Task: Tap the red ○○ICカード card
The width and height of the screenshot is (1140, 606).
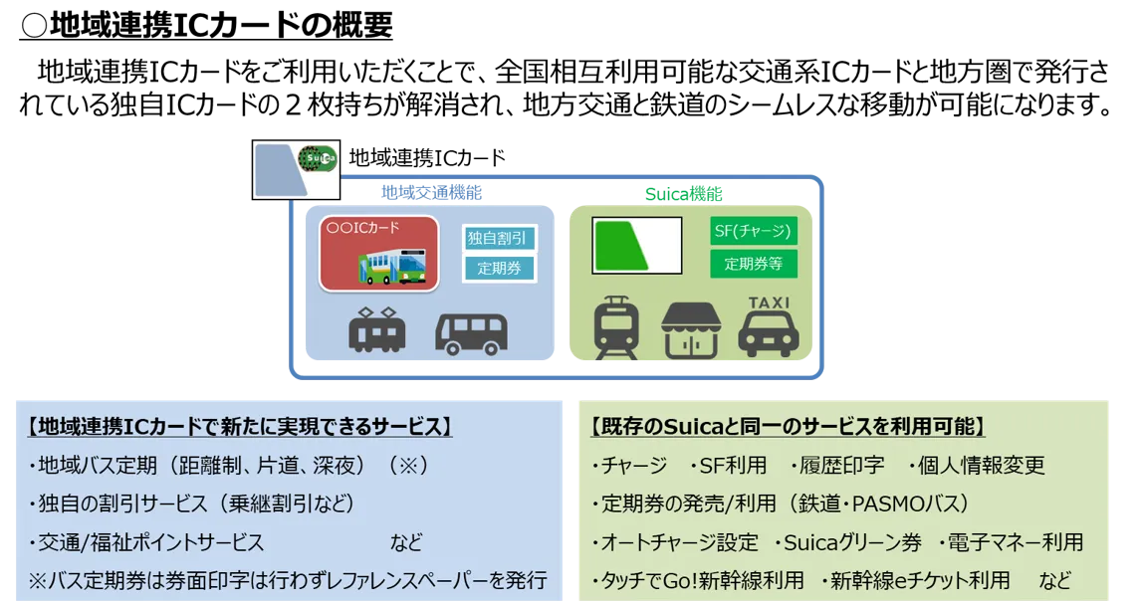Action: tap(378, 254)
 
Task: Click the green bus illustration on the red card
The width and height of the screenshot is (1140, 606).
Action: tap(392, 266)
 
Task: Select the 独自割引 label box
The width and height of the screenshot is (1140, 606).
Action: tap(500, 239)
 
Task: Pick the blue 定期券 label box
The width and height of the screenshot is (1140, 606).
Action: tap(500, 268)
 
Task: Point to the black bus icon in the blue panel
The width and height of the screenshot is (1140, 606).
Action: tap(471, 333)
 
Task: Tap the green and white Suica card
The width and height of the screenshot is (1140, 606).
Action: tap(636, 246)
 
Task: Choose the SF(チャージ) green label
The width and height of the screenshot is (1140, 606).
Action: tap(754, 232)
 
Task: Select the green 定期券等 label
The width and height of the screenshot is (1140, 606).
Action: tap(754, 264)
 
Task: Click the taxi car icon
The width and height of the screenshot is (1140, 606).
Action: tap(768, 334)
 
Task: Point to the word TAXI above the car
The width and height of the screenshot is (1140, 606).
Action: tap(769, 303)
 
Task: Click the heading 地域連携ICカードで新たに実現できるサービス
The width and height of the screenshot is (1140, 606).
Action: tap(240, 427)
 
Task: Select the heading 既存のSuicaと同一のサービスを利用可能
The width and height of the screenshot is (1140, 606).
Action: tap(787, 427)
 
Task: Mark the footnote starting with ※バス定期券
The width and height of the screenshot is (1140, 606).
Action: tap(287, 580)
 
